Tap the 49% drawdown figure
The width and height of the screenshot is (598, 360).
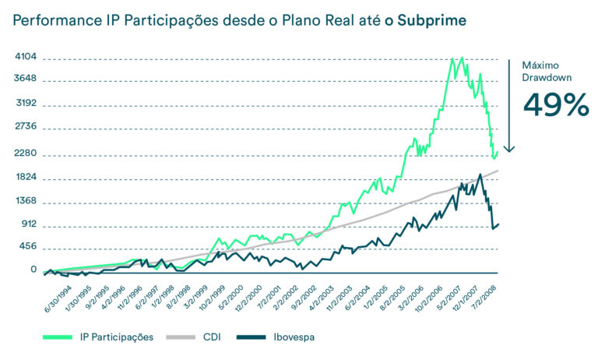(x=554, y=104)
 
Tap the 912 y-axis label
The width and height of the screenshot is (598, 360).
(x=28, y=225)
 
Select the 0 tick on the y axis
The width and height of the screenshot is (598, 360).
(x=33, y=270)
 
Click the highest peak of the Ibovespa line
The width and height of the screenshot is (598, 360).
(x=480, y=175)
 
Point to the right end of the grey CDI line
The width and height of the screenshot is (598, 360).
(x=498, y=170)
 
